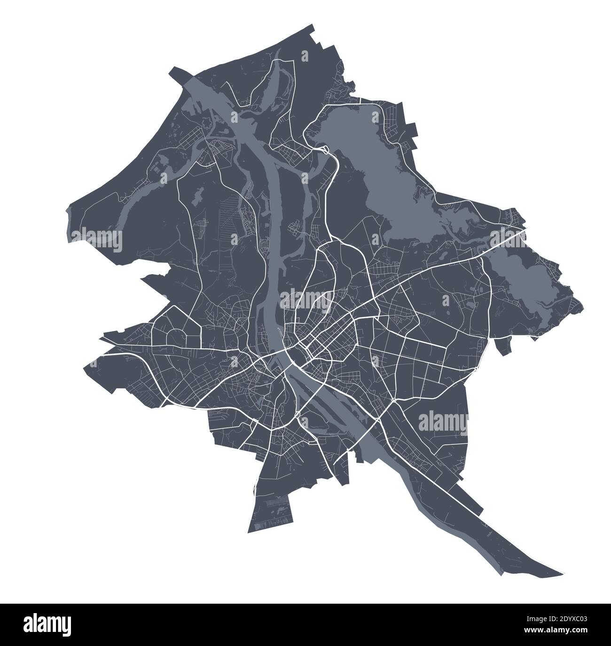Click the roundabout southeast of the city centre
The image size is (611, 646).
[x=392, y=400]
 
